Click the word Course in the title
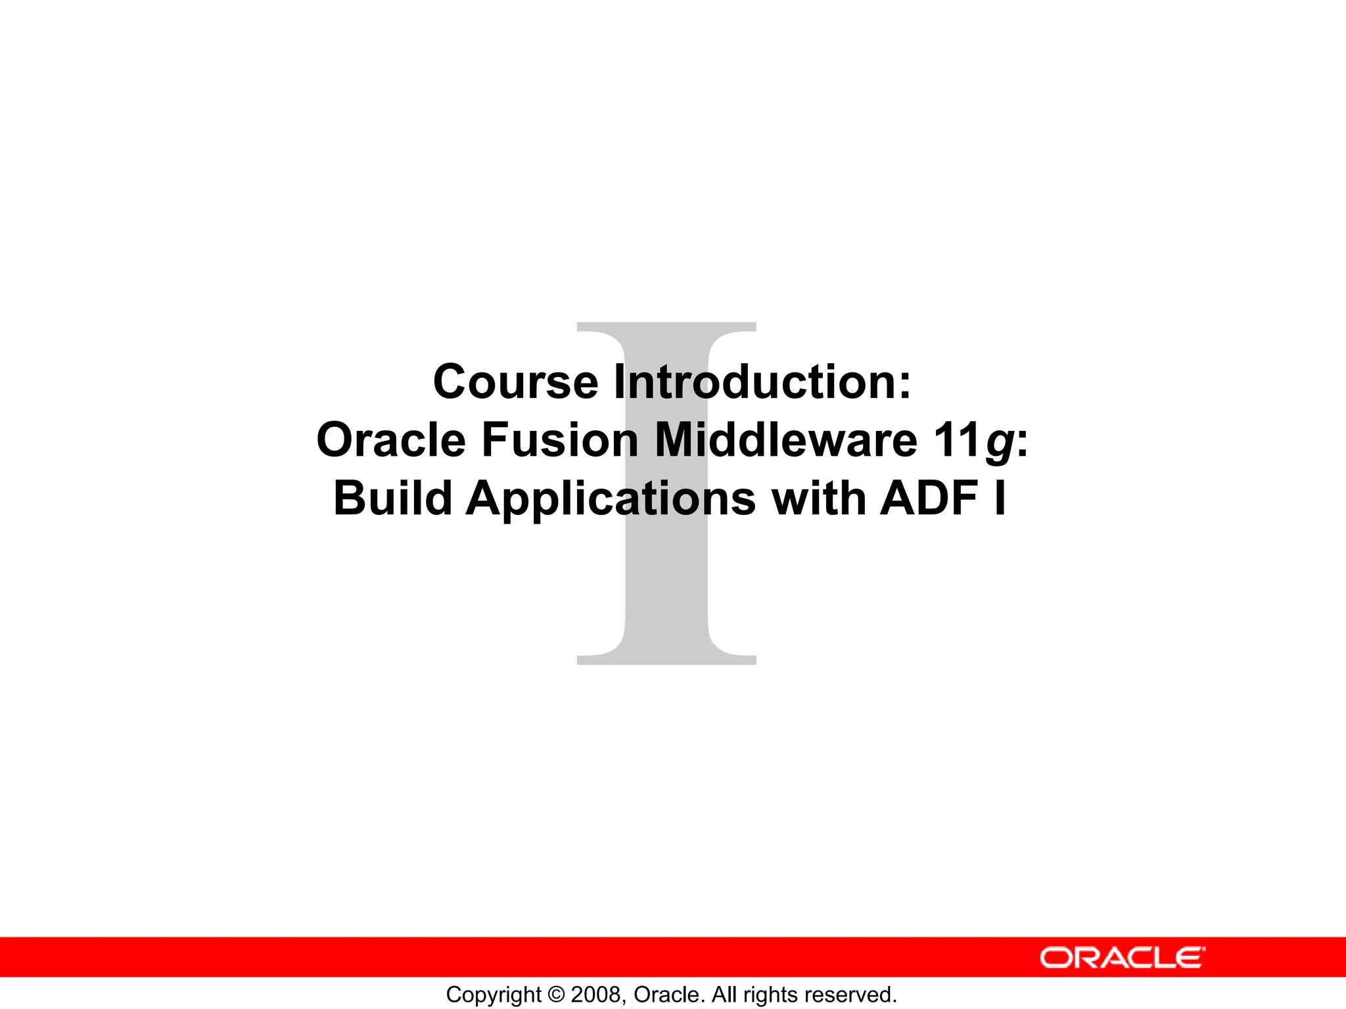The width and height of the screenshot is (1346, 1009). coord(515,382)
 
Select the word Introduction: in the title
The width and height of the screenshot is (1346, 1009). coord(762,382)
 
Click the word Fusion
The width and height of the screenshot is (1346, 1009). coord(560,440)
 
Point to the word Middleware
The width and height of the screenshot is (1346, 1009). coord(786,440)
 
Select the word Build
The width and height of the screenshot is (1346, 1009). coord(392,498)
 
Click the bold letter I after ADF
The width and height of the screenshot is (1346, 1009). coord(1000,498)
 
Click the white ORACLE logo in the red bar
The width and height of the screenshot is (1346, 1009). coord(1123,958)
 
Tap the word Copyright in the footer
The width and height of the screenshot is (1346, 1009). coord(493,995)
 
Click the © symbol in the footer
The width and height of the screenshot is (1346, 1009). coord(556,995)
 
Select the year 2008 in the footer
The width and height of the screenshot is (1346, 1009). coord(596,995)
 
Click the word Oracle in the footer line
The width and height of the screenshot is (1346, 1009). coord(668,995)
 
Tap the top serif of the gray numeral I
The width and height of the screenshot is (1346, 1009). coord(666,327)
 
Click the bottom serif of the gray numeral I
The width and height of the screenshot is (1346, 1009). coord(666,659)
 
